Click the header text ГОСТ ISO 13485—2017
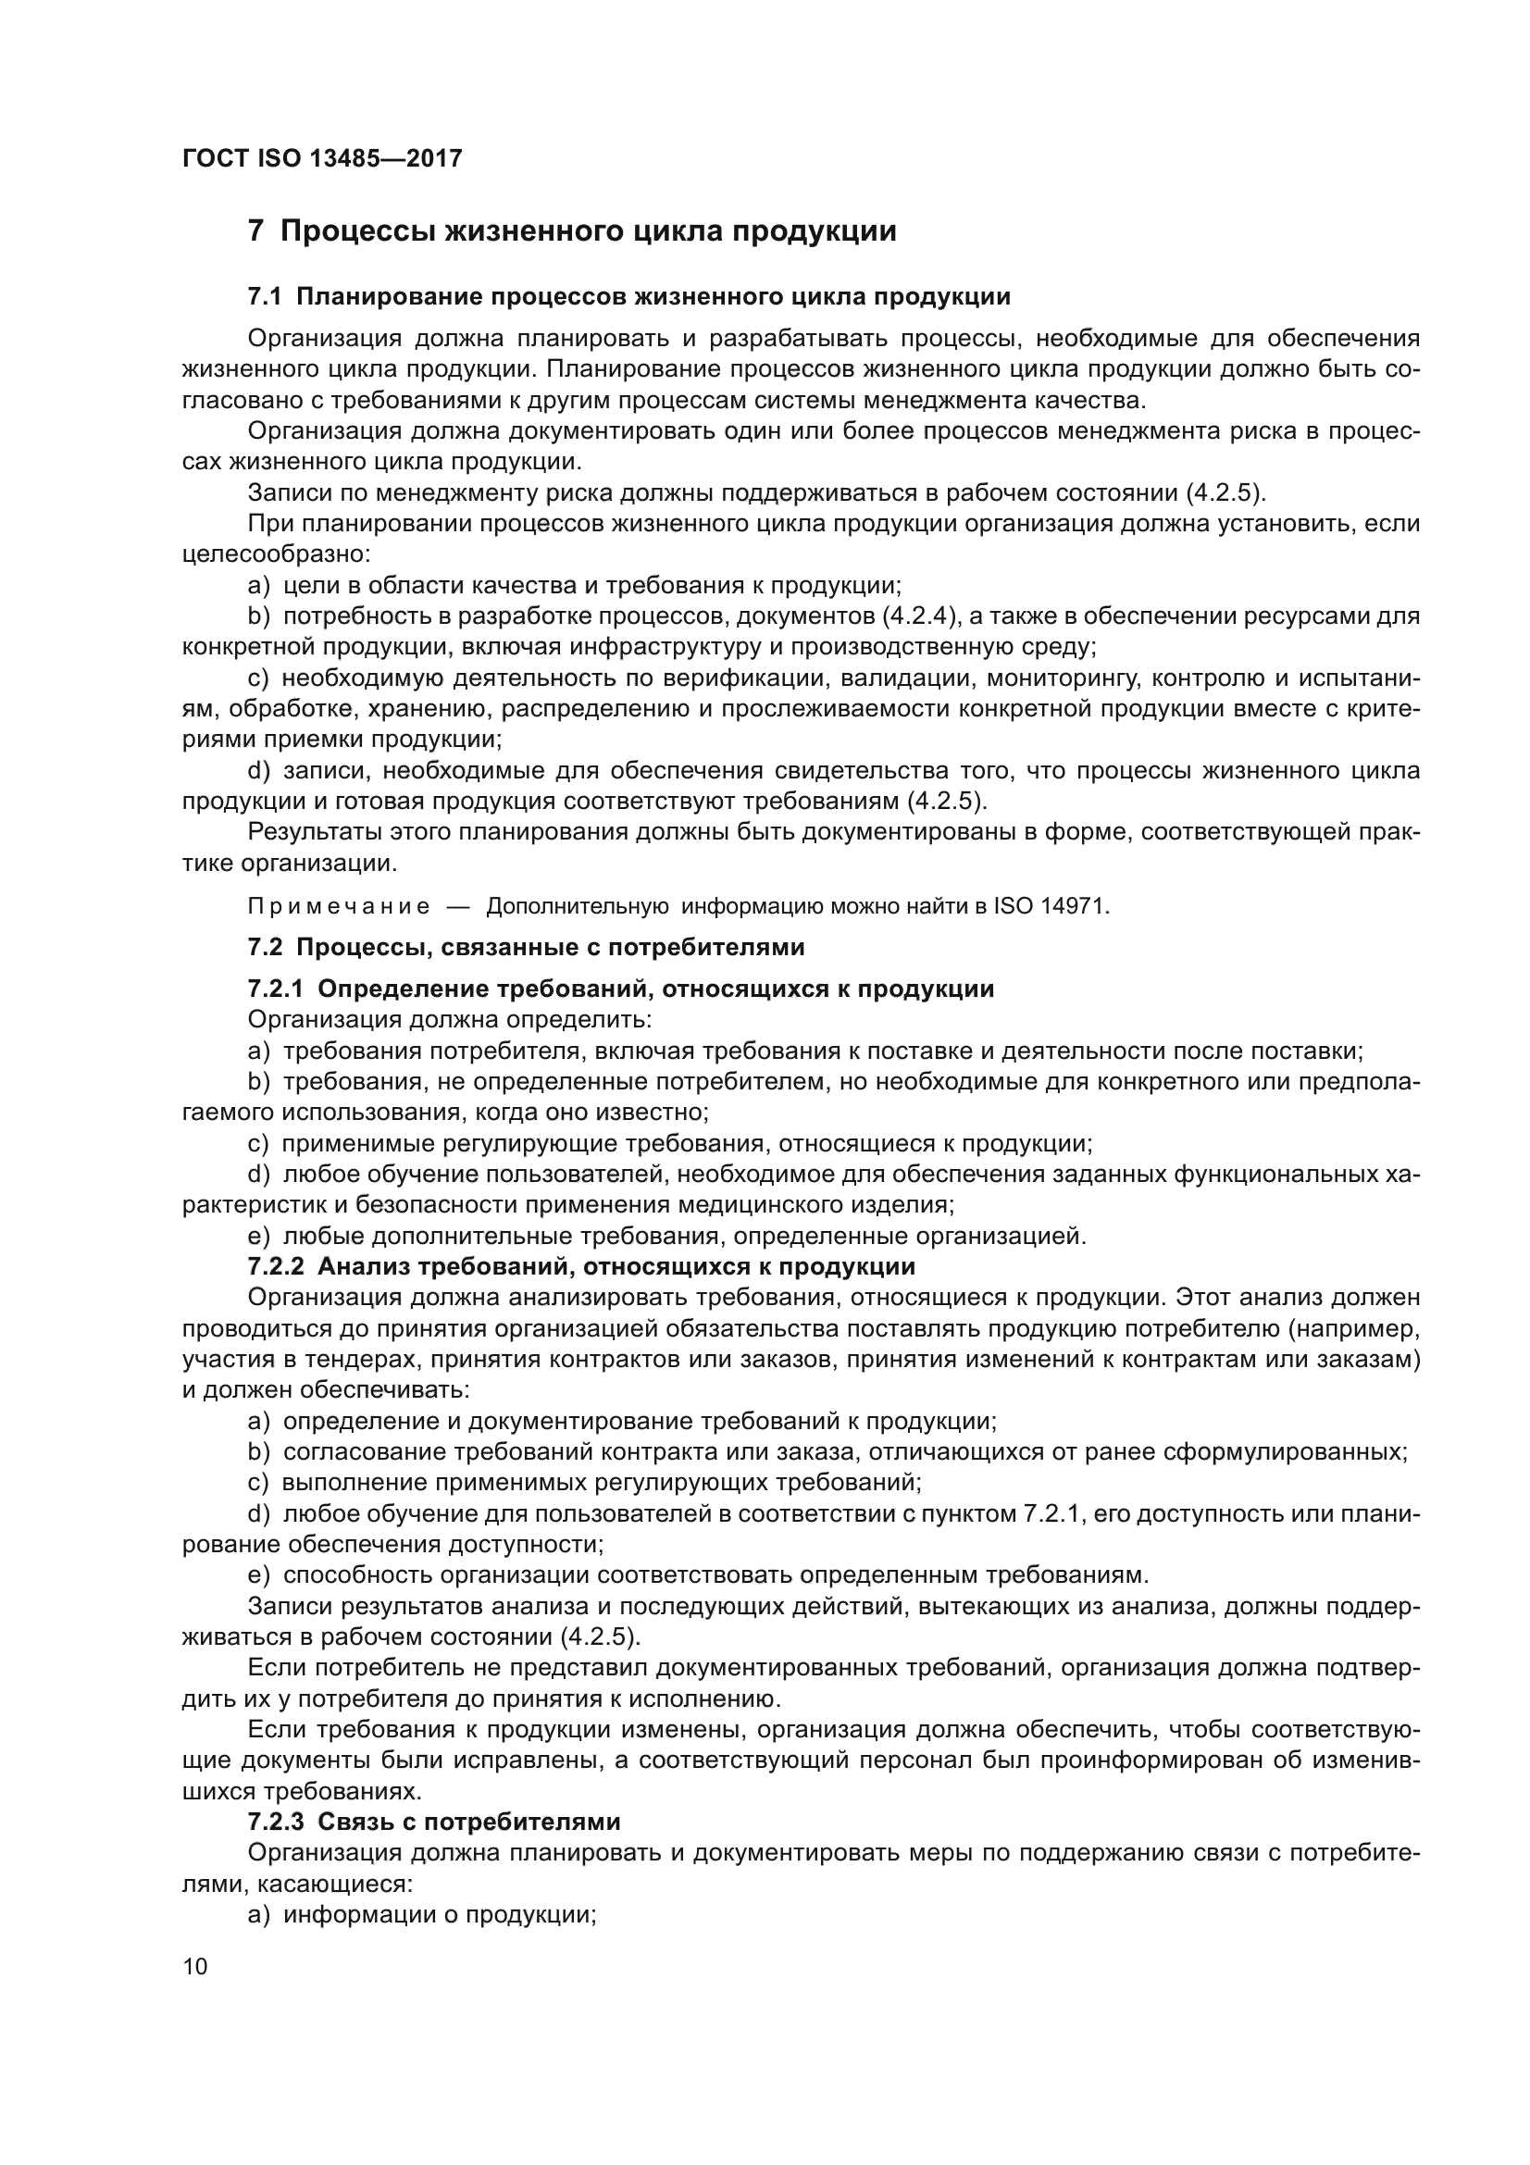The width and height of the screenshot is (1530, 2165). pyautogui.click(x=321, y=158)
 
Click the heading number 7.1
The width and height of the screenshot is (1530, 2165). pyautogui.click(x=264, y=297)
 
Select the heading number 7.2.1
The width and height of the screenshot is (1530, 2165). pyautogui.click(x=275, y=989)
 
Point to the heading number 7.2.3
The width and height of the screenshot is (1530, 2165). pyautogui.click(x=275, y=1821)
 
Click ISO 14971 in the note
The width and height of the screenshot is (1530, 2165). pyautogui.click(x=1052, y=907)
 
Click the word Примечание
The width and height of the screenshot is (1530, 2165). pyautogui.click(x=339, y=907)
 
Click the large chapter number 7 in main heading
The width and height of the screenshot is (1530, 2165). pyautogui.click(x=255, y=231)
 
